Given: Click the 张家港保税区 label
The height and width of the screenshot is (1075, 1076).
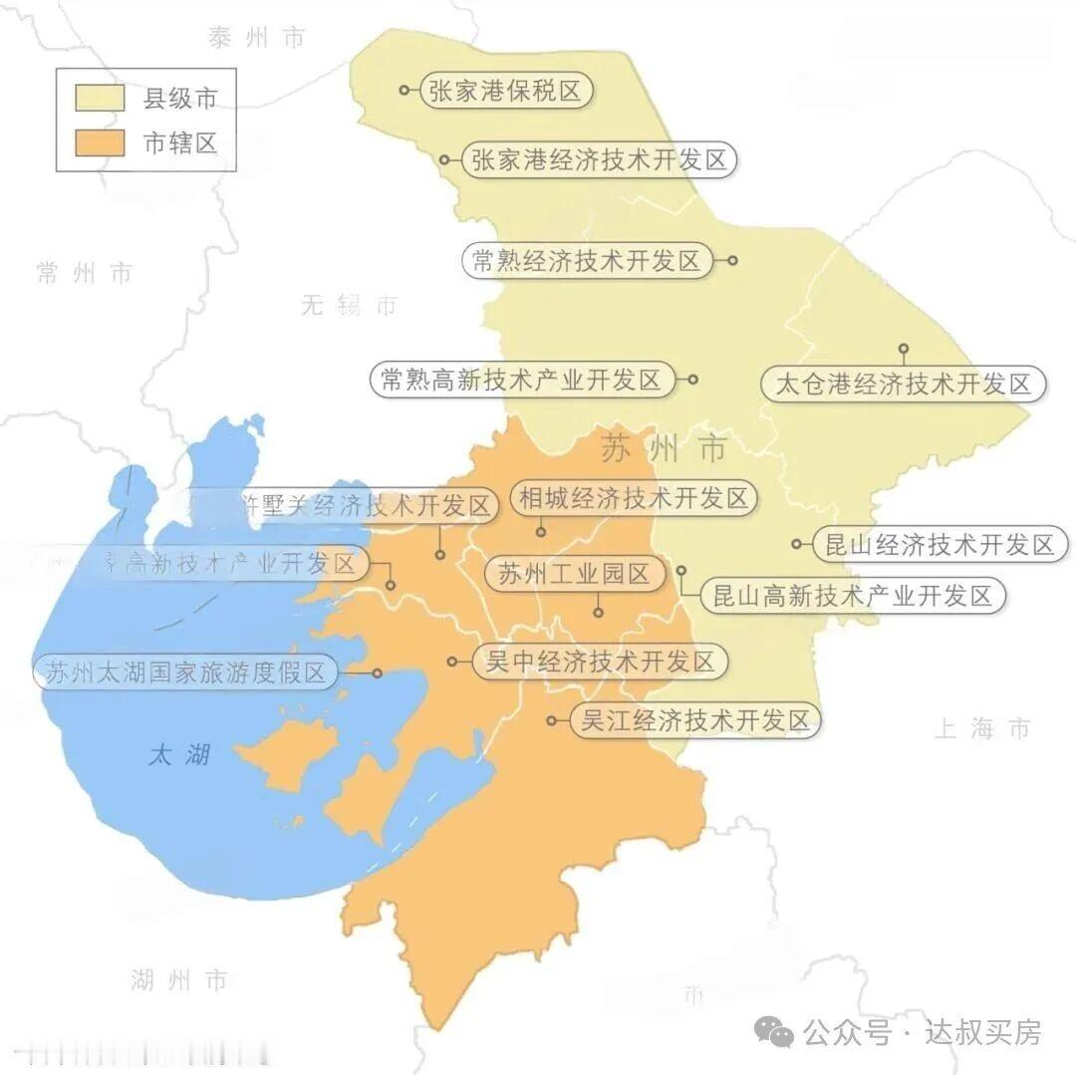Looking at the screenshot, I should pyautogui.click(x=505, y=91).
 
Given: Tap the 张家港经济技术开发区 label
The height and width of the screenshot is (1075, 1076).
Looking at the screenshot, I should pyautogui.click(x=600, y=159).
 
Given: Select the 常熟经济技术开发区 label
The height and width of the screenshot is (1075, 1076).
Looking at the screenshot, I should pyautogui.click(x=587, y=261).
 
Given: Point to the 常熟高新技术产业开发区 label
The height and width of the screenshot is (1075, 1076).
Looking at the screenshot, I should pyautogui.click(x=520, y=380).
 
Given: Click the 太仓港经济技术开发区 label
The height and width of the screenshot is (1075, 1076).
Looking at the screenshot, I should pyautogui.click(x=904, y=384).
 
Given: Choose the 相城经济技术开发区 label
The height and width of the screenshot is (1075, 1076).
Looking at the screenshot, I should pyautogui.click(x=634, y=498).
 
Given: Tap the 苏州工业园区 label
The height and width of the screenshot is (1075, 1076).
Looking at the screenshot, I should pyautogui.click(x=574, y=574).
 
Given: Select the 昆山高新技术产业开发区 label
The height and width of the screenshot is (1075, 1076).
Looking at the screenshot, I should pyautogui.click(x=853, y=596).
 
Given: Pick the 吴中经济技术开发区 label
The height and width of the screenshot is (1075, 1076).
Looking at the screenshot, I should pyautogui.click(x=599, y=662).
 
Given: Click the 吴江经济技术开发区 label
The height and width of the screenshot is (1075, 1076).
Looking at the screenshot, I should pyautogui.click(x=695, y=720).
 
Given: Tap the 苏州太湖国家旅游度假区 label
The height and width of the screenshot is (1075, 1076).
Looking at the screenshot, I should pyautogui.click(x=185, y=672).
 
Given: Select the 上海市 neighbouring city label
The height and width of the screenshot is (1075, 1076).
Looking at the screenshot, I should pyautogui.click(x=981, y=728).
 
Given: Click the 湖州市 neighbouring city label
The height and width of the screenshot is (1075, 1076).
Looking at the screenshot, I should pyautogui.click(x=179, y=979).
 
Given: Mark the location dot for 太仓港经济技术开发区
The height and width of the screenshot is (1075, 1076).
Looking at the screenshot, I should pyautogui.click(x=904, y=349).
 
